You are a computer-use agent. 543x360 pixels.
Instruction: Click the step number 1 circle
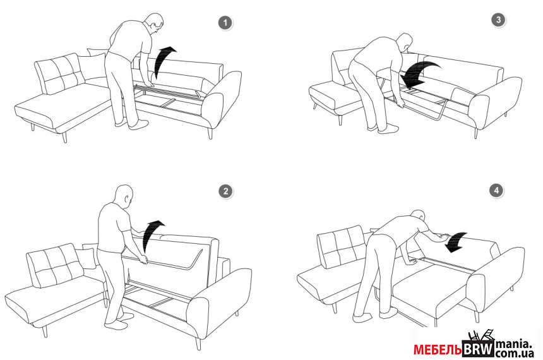[x=225, y=23]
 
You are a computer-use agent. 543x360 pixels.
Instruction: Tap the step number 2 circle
[x=226, y=191]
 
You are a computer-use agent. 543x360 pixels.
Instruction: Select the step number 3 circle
[x=498, y=20]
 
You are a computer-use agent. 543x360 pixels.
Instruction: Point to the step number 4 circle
[x=497, y=190]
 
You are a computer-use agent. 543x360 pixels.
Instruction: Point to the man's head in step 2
[x=124, y=196]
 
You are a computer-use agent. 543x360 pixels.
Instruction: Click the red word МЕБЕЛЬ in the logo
[x=437, y=350]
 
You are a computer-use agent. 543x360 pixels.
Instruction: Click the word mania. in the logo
[x=513, y=344]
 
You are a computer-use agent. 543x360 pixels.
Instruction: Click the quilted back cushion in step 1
[x=59, y=73]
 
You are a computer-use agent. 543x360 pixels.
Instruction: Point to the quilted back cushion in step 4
[x=342, y=247]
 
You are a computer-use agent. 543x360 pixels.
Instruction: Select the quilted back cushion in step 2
[x=54, y=265]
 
